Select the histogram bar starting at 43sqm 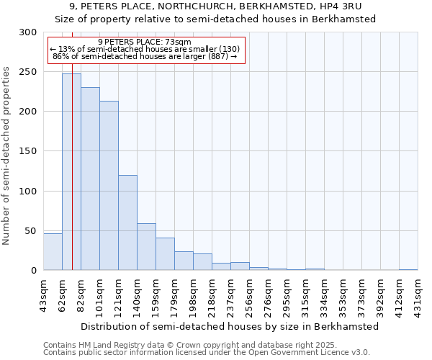(x=53, y=251)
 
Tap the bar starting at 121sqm (x=127, y=222)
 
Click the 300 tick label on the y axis (x=28, y=32)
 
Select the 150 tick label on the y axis (x=28, y=151)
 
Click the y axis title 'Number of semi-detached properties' (x=8, y=156)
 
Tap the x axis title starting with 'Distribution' (x=230, y=326)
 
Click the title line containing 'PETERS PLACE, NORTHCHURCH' (x=215, y=6)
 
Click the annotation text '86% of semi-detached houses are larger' (x=145, y=55)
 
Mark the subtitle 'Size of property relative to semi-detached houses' (x=215, y=19)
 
